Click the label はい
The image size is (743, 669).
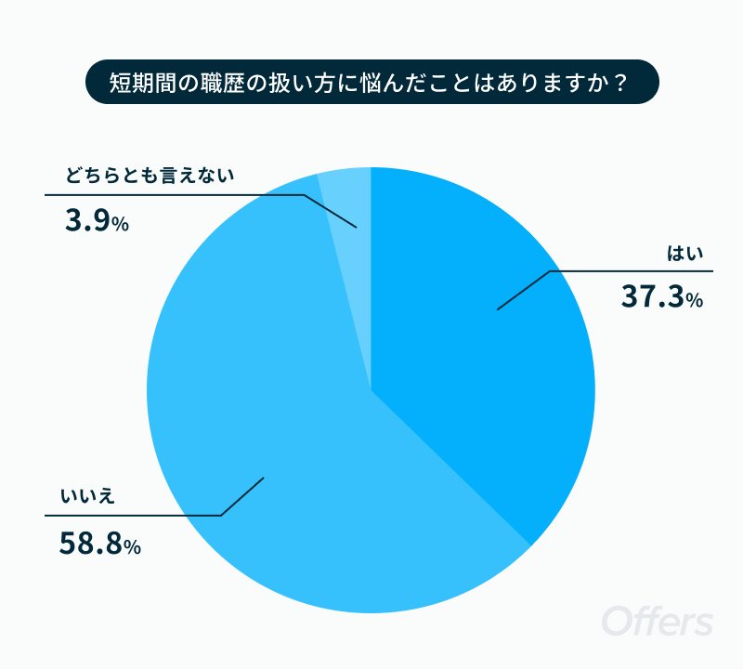[685, 254]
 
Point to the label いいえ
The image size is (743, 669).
[87, 496]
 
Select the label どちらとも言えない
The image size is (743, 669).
[150, 176]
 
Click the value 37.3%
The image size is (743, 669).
[662, 296]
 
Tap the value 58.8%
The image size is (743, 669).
[100, 544]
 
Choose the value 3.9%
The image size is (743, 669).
[98, 221]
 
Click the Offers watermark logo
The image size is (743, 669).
[658, 621]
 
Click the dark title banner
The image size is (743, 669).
[372, 82]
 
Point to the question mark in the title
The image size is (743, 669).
[619, 83]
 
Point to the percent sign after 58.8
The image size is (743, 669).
[133, 547]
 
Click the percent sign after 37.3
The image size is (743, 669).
[694, 299]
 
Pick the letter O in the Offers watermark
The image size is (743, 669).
[617, 621]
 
